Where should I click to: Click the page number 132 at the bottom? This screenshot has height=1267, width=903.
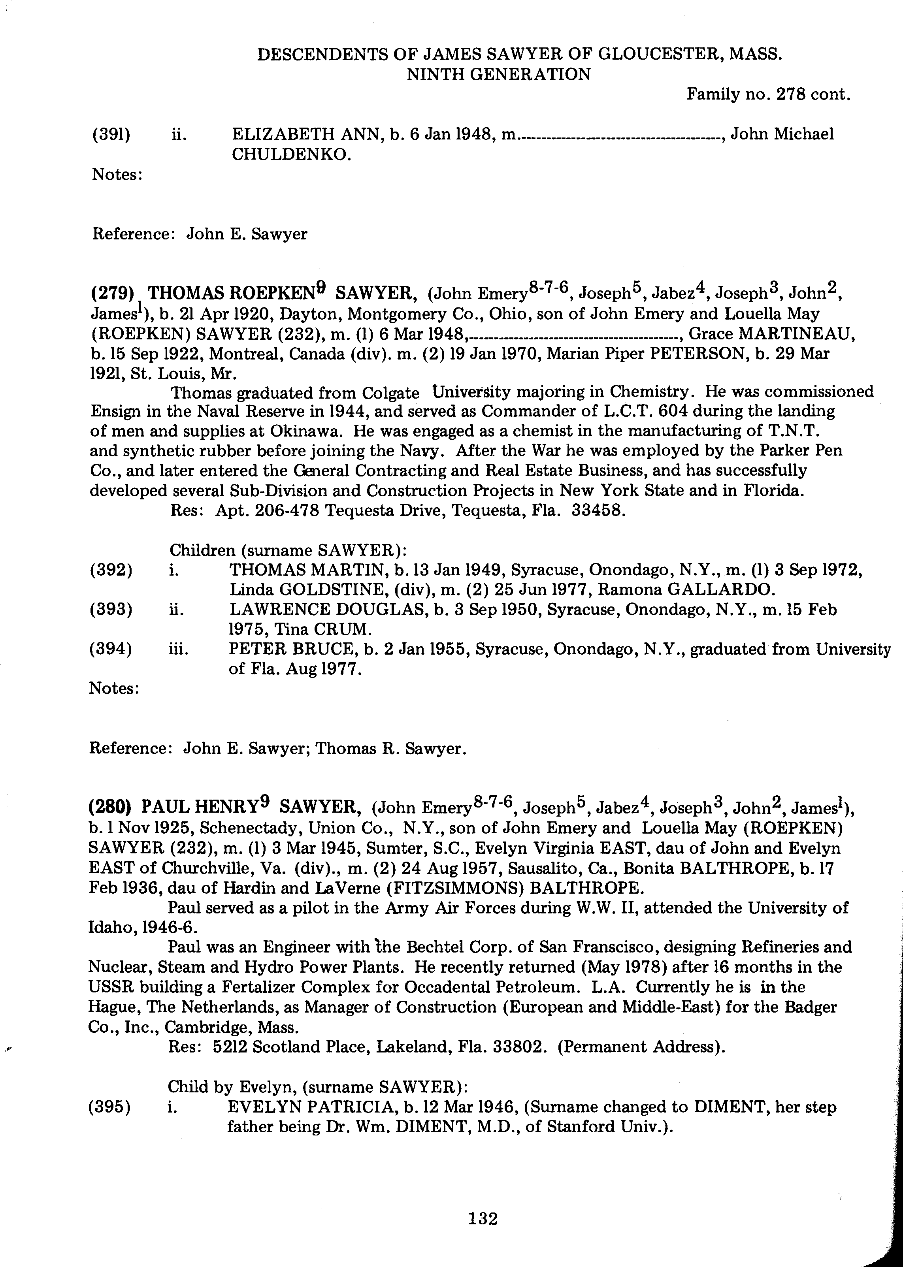482,1219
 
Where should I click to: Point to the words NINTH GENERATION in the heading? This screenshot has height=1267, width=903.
499,75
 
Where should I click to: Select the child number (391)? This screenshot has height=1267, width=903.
111,135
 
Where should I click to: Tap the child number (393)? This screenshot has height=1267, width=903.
111,610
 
